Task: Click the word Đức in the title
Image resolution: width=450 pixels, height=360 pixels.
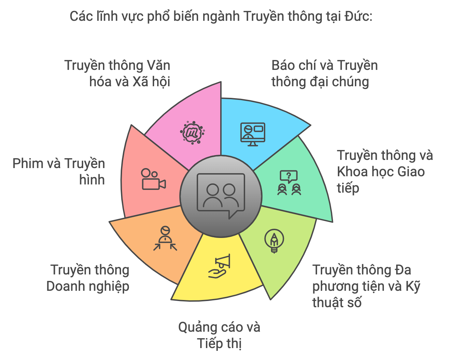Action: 358,16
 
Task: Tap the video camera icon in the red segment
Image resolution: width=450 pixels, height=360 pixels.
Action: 154,179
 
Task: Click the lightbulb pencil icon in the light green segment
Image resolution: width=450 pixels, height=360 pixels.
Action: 274,241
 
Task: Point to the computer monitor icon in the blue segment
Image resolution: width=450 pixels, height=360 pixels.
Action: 253,134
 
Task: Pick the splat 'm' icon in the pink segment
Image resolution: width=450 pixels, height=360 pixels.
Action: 192,133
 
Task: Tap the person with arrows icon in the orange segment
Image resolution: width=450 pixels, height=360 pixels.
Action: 165,238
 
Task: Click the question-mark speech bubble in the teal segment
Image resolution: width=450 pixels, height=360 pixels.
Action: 289,177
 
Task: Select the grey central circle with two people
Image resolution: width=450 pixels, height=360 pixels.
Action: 221,196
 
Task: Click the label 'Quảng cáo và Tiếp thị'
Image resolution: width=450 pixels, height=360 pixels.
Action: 219,335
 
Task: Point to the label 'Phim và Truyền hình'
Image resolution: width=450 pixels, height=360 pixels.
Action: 59,171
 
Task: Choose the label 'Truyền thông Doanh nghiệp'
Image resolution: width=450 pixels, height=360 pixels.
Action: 88,278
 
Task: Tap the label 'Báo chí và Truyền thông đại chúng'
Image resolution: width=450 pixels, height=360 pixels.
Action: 325,74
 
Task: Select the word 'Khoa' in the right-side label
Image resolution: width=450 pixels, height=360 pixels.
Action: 352,171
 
